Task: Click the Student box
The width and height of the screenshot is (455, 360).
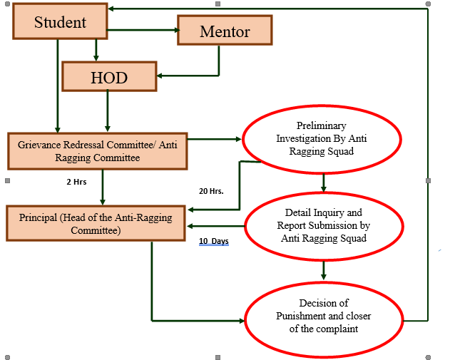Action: click(x=60, y=22)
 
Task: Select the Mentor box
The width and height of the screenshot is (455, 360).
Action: click(x=225, y=31)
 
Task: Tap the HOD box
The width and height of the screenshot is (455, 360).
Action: click(x=108, y=77)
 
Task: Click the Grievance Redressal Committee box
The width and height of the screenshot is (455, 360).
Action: click(x=98, y=151)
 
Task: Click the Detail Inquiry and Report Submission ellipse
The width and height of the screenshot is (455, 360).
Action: click(x=324, y=225)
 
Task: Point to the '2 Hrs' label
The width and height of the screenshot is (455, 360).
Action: click(x=76, y=182)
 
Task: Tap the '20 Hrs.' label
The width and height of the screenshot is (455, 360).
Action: click(x=211, y=191)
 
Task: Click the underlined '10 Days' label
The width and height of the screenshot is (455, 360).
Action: click(x=213, y=242)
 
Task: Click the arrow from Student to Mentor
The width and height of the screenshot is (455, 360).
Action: click(x=143, y=30)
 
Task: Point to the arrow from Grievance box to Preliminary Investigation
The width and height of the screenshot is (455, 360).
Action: click(x=214, y=138)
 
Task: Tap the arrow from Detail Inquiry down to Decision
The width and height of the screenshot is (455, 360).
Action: click(x=324, y=269)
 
